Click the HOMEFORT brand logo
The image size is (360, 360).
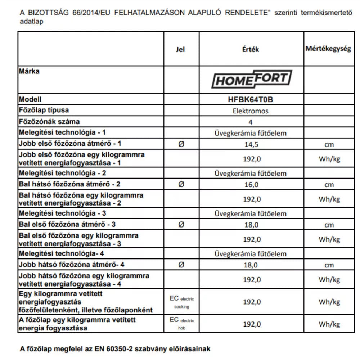click(x=251, y=79)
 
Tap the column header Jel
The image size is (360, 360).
click(x=181, y=49)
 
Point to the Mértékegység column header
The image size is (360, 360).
click(x=328, y=49)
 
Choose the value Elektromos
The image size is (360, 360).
click(x=251, y=111)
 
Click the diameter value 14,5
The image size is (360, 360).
click(x=251, y=144)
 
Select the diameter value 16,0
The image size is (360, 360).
click(x=251, y=185)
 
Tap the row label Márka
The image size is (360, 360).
click(x=29, y=71)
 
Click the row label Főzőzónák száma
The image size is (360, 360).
click(x=49, y=121)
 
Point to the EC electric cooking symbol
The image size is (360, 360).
click(x=181, y=302)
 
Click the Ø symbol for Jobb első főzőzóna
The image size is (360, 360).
click(x=181, y=144)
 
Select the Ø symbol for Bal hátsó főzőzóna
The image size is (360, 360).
click(x=181, y=185)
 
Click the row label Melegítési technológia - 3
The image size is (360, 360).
click(x=62, y=213)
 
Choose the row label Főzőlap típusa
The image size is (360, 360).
click(x=44, y=110)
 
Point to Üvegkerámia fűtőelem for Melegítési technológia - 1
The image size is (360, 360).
click(x=251, y=133)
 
